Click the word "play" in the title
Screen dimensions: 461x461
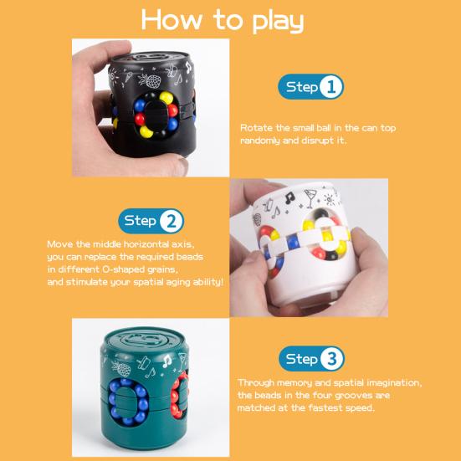tap(278, 21)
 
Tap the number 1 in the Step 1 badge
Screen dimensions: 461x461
tap(331, 87)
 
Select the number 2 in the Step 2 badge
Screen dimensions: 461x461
tap(172, 221)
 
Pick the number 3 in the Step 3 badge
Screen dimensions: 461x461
tap(332, 359)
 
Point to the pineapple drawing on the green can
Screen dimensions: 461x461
tap(121, 368)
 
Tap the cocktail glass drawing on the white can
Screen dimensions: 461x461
tap(310, 197)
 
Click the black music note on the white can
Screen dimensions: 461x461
tap(289, 197)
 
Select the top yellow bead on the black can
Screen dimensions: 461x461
tap(166, 98)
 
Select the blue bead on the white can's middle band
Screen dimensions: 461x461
tap(292, 241)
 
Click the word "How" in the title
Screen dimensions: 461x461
tap(172, 20)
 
